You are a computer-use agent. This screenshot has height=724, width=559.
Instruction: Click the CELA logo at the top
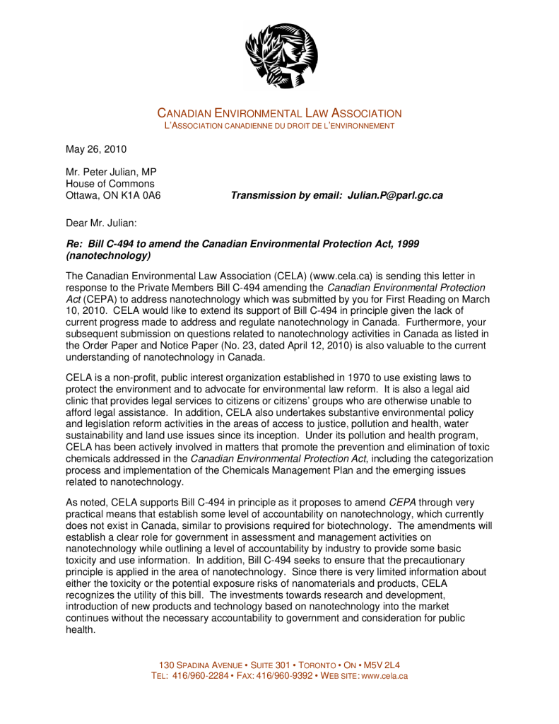[x=281, y=55]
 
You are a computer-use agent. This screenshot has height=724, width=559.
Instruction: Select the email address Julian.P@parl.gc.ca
[x=395, y=195]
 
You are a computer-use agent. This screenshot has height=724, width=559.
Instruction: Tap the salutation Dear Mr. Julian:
[x=101, y=223]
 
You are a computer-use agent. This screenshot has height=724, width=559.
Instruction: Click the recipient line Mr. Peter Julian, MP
[x=111, y=173]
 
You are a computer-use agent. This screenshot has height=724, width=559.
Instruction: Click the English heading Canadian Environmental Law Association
[x=279, y=113]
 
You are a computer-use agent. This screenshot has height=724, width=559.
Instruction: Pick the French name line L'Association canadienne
[x=279, y=126]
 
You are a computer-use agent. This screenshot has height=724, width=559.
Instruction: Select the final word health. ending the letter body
[x=81, y=629]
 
